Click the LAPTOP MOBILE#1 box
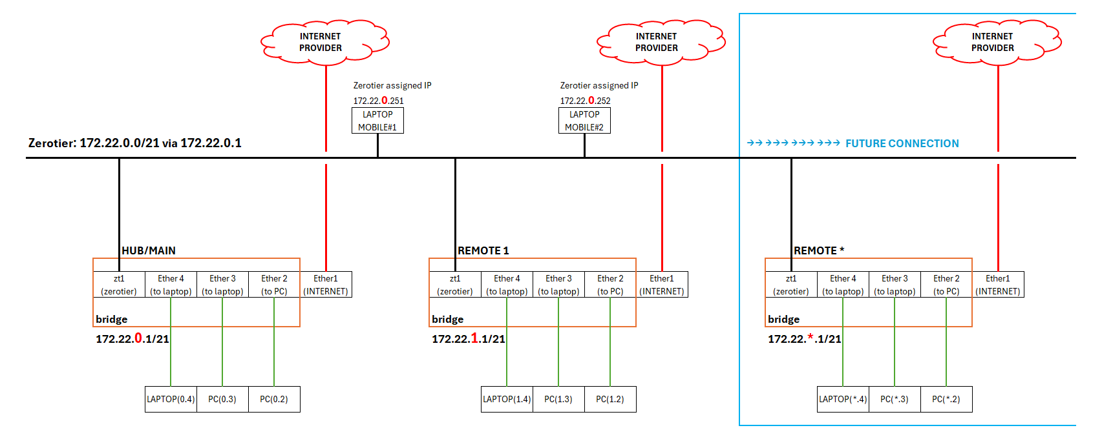pos(377,121)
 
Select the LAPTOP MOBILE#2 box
pos(584,121)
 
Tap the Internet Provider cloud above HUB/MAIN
pos(323,43)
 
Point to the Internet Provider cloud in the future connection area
pos(995,43)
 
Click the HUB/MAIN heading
pos(149,250)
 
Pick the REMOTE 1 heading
pos(483,250)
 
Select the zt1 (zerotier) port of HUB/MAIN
pos(119,285)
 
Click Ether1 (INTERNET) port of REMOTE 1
pos(662,285)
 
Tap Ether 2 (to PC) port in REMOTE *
pos(946,285)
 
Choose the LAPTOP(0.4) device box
pos(171,399)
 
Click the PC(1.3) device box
pos(558,399)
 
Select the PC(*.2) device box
pos(946,399)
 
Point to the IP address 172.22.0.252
pos(585,101)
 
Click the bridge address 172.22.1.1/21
pos(469,339)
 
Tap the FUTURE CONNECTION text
pos(902,143)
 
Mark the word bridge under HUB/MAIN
pos(112,319)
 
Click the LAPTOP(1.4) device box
pos(507,399)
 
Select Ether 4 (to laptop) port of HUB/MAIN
pos(171,285)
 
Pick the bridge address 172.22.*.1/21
pos(805,339)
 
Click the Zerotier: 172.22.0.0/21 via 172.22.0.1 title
pos(135,143)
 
